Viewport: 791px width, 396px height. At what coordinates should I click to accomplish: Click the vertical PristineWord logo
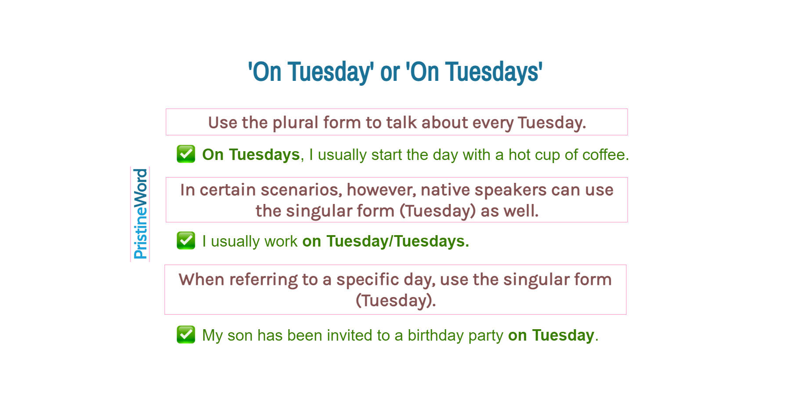pyautogui.click(x=140, y=214)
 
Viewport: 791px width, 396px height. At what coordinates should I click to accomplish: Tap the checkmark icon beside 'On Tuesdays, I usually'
pyautogui.click(x=186, y=154)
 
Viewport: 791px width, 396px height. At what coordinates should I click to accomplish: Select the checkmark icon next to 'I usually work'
pyautogui.click(x=186, y=240)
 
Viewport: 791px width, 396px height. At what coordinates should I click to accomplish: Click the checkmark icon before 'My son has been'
pyautogui.click(x=186, y=334)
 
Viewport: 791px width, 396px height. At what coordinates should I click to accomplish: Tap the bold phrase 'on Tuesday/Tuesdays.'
pyautogui.click(x=385, y=241)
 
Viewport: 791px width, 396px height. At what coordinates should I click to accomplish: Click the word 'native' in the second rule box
pyautogui.click(x=445, y=190)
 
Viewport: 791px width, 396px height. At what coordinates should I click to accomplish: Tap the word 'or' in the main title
pyautogui.click(x=390, y=72)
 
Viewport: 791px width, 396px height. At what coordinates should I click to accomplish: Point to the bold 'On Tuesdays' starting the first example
pyautogui.click(x=251, y=155)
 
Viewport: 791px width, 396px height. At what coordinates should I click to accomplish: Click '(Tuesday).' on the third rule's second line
pyautogui.click(x=395, y=301)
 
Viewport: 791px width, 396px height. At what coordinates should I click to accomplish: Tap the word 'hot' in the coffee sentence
pyautogui.click(x=519, y=155)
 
